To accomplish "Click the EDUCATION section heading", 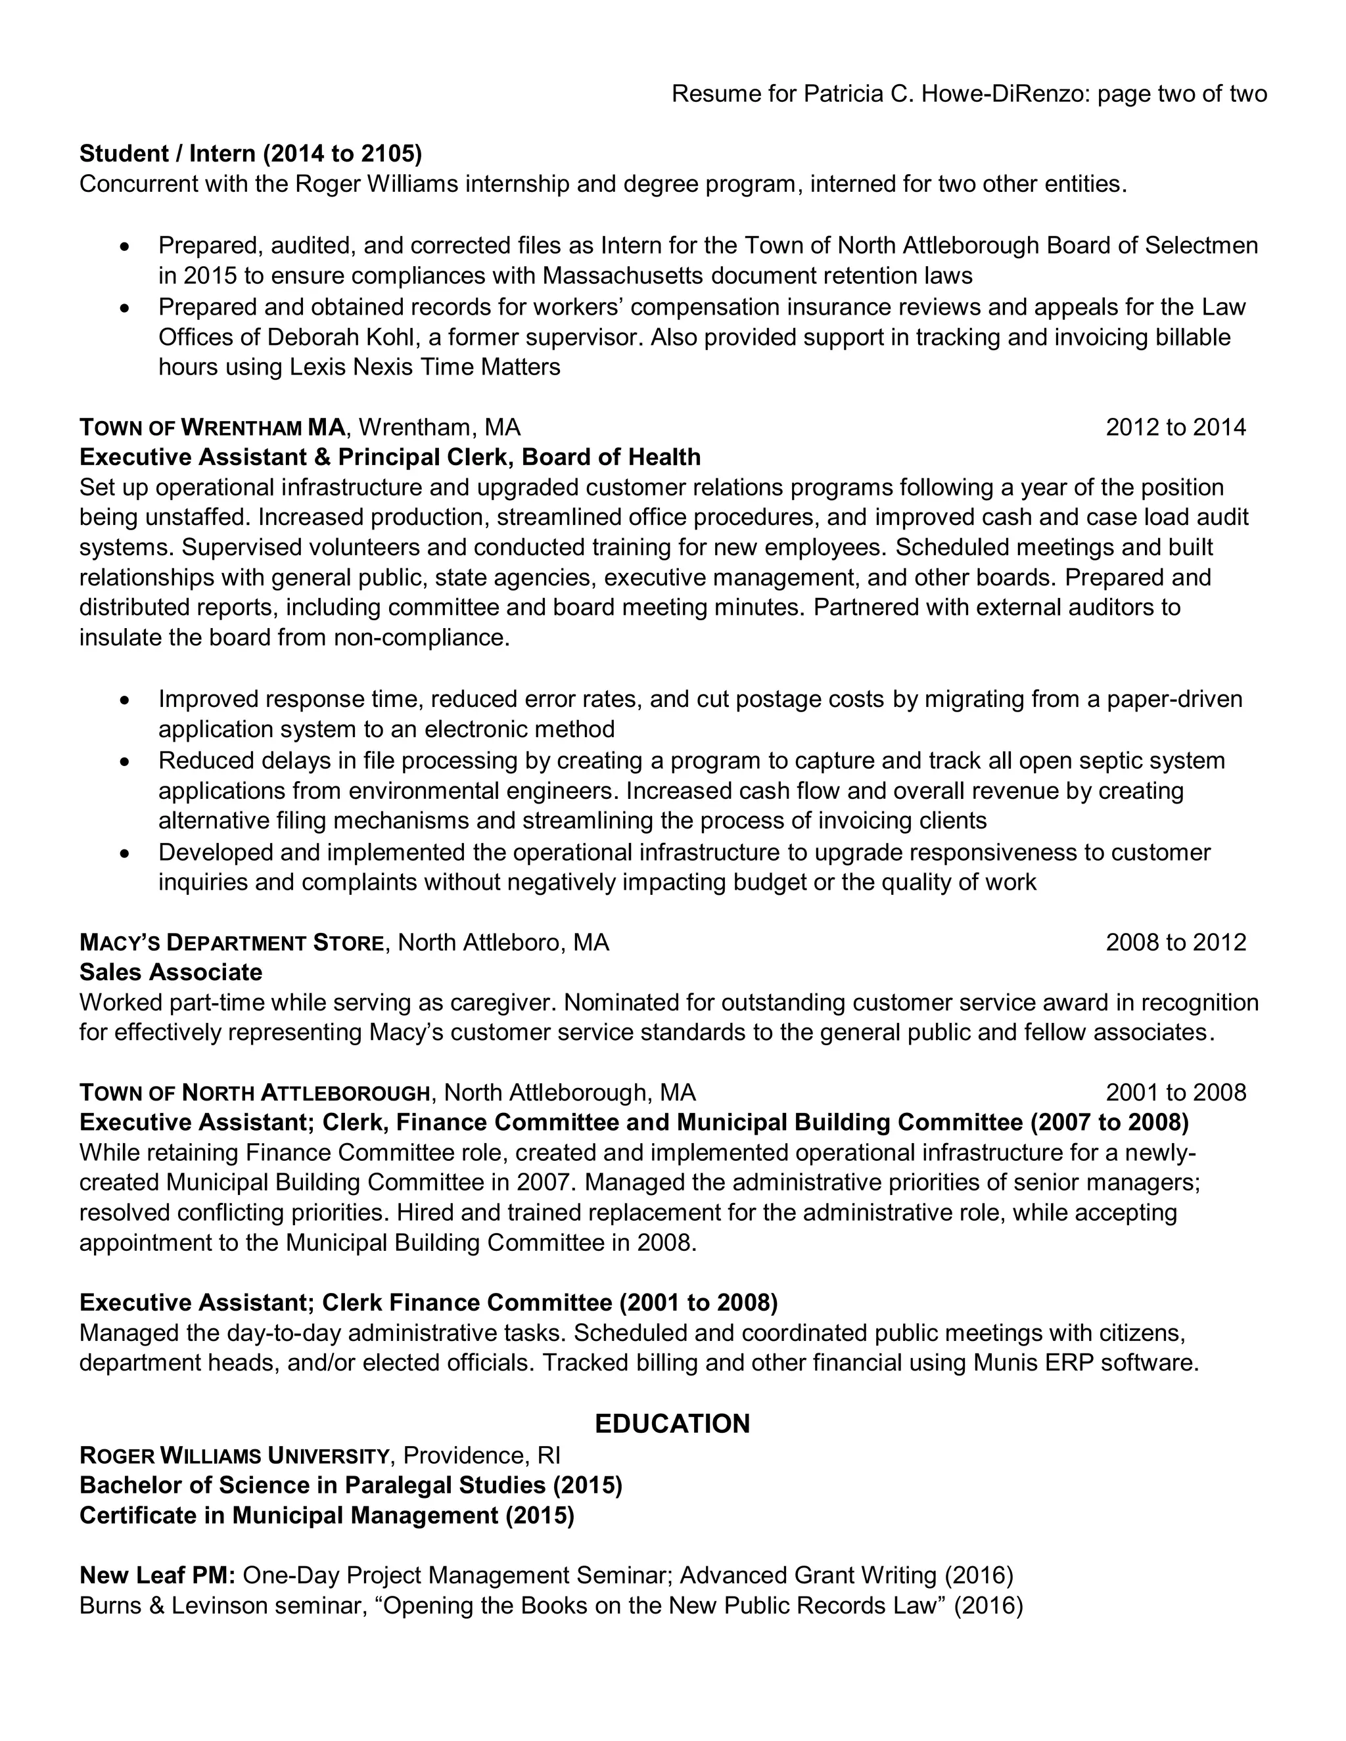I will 672,1423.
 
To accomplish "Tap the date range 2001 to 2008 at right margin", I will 1174,1092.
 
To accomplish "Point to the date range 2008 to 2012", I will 1174,942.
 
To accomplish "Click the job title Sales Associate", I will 171,972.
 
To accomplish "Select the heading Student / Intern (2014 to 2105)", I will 250,153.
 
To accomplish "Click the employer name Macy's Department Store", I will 231,943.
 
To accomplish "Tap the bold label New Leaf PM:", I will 157,1575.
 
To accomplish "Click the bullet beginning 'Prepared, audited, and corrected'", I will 124,246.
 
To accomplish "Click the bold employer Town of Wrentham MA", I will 212,428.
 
